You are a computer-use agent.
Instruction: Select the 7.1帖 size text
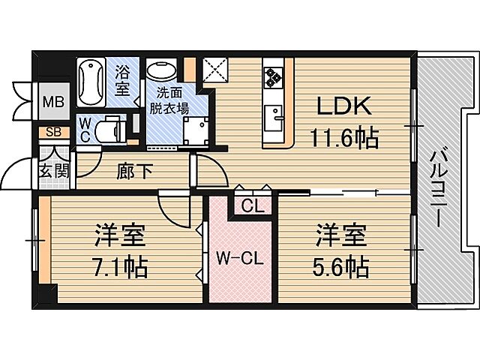[120, 265]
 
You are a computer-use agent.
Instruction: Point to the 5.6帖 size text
[341, 265]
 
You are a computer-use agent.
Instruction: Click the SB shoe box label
[53, 133]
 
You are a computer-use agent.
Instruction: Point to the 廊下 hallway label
[136, 171]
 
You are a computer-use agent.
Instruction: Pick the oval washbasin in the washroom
[160, 73]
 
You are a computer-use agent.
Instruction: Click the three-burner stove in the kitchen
[271, 78]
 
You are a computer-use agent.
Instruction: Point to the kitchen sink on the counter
[274, 117]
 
